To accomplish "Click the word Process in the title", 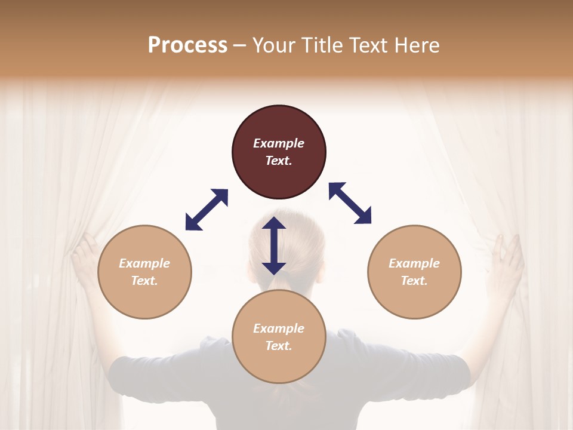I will point(187,45).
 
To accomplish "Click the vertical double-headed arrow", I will point(274,245).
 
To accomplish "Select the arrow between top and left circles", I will point(207,210).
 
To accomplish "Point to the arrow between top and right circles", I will point(350,203).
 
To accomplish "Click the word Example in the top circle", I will point(279,143).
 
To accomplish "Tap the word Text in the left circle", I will point(144,281).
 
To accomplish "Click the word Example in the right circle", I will point(414,263).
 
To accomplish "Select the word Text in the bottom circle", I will point(279,346).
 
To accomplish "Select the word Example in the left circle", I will point(144,263).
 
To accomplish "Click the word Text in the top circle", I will point(279,161).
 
